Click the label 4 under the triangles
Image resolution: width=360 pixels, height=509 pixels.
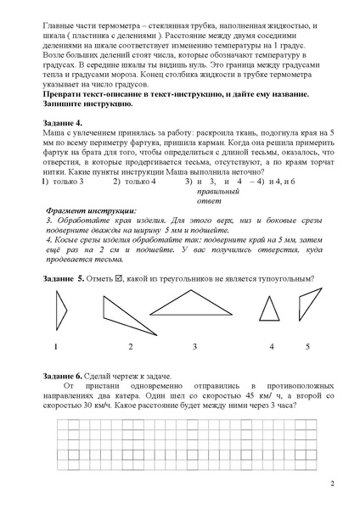pos(272,346)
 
